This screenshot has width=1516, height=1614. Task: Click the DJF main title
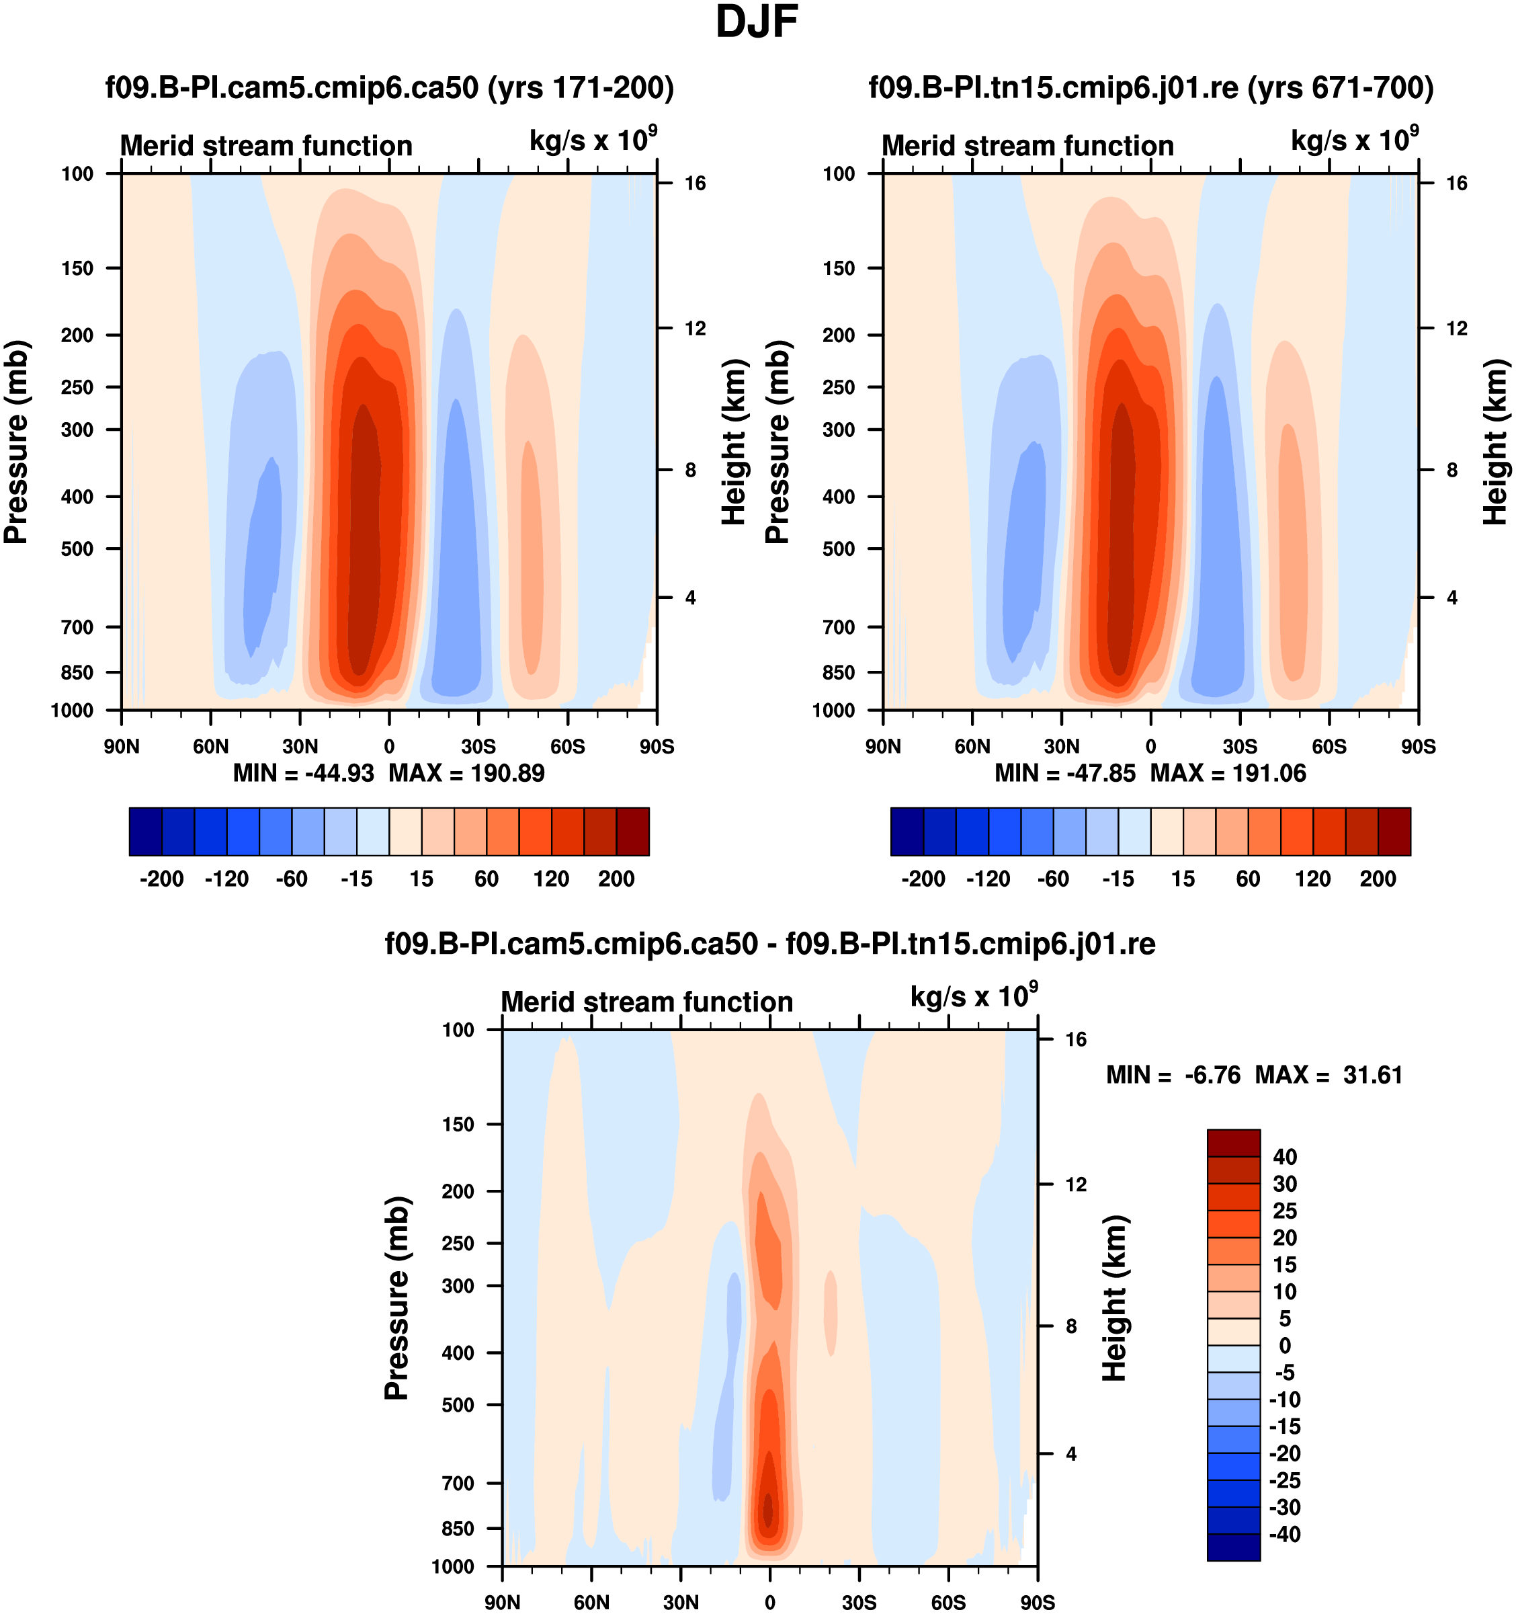(x=757, y=22)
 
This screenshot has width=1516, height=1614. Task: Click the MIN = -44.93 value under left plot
(x=304, y=773)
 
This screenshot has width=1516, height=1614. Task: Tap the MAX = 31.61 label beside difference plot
(x=1329, y=1075)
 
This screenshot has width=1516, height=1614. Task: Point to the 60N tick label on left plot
(x=210, y=747)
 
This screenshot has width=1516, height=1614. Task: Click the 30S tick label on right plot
(x=1239, y=747)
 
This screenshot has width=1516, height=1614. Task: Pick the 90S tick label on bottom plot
(x=1037, y=1603)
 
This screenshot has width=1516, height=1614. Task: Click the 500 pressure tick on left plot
(x=77, y=549)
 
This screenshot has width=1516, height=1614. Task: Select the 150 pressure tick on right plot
(x=839, y=268)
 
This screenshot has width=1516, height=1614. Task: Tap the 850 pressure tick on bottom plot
(x=458, y=1528)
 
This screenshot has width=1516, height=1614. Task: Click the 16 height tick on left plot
(x=695, y=184)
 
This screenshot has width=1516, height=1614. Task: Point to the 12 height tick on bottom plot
(x=1075, y=1184)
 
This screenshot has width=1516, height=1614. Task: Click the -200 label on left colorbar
(x=161, y=879)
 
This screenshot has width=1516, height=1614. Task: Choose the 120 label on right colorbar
(x=1312, y=879)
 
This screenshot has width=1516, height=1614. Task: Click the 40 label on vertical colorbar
(x=1285, y=1156)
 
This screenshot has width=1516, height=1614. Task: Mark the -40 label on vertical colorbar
(x=1285, y=1533)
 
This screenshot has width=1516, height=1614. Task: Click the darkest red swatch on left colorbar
(x=632, y=832)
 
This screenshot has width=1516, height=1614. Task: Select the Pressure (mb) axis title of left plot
(x=16, y=442)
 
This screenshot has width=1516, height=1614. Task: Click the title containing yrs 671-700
(x=1151, y=87)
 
